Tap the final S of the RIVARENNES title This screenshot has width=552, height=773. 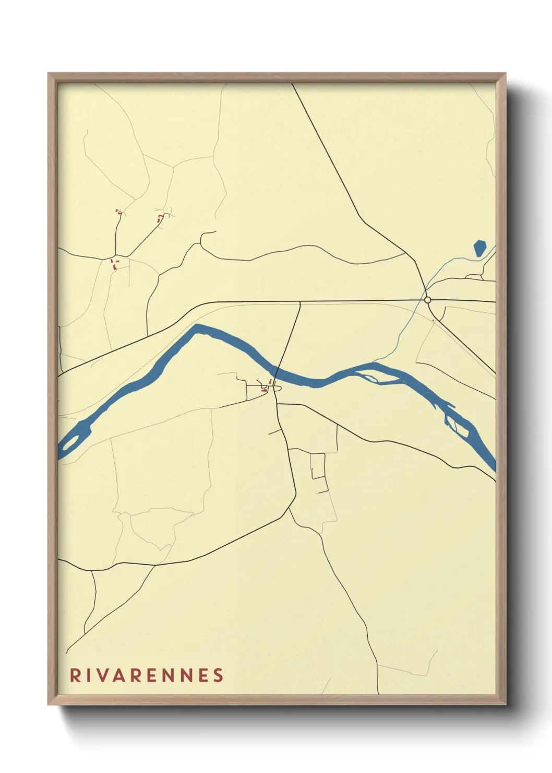pyautogui.click(x=218, y=675)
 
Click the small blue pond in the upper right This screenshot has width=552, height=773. pyautogui.click(x=479, y=248)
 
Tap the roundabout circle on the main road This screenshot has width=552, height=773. pyautogui.click(x=428, y=300)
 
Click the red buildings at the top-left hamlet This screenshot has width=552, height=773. pyautogui.click(x=118, y=212)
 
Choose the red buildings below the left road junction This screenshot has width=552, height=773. pyautogui.click(x=114, y=264)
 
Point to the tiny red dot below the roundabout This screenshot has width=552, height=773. pyautogui.click(x=433, y=321)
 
